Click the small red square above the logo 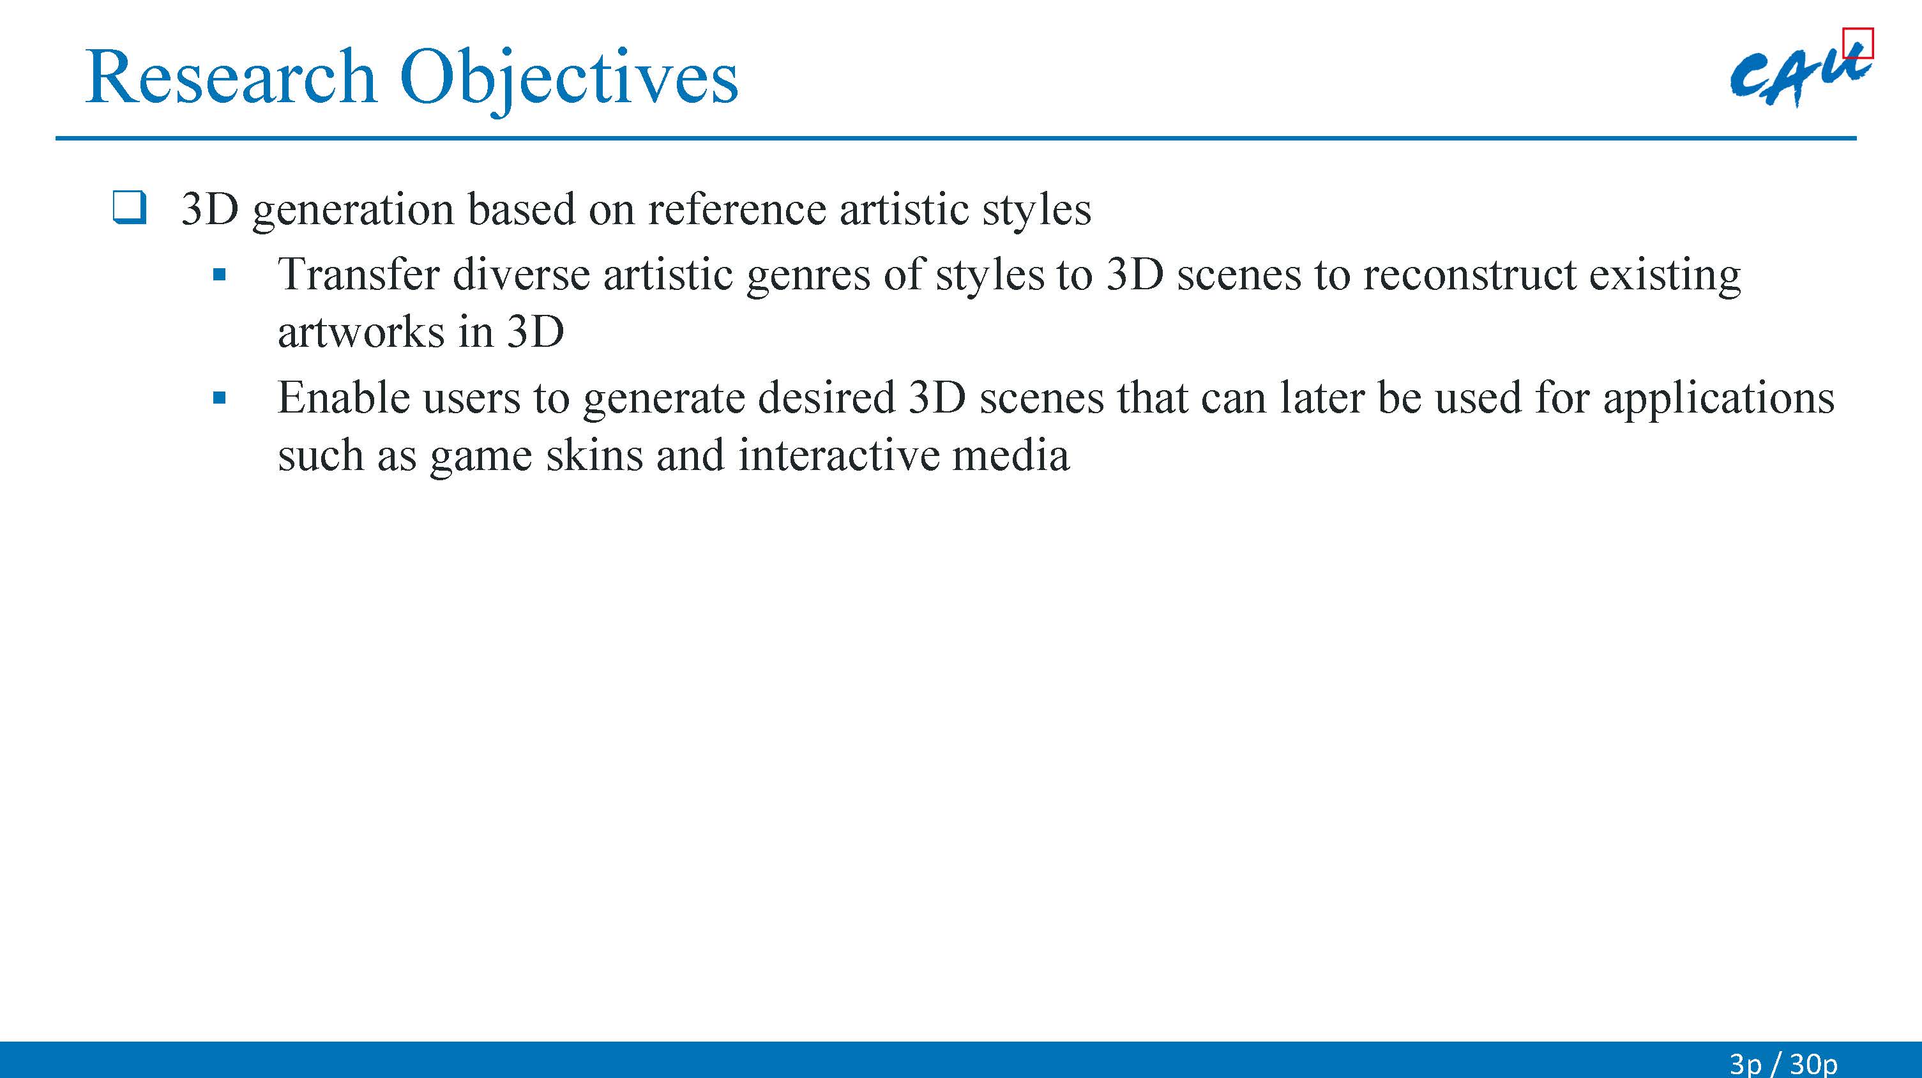1858,43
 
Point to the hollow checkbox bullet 129,208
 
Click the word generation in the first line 354,209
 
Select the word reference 737,208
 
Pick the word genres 808,277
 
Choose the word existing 1665,276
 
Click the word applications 1719,400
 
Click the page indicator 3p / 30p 1783,1063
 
